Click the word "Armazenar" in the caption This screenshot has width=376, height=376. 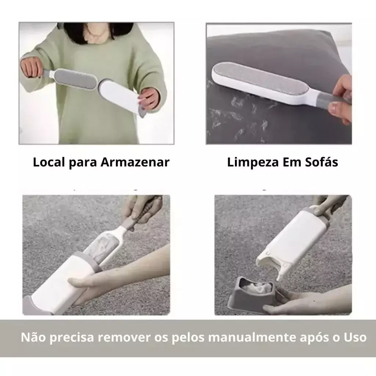tap(135, 162)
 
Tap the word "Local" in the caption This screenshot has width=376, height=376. tap(49, 162)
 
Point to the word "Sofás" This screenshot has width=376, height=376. tap(322, 162)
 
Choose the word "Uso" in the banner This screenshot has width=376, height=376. tap(355, 337)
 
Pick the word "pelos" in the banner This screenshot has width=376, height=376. tap(188, 338)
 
